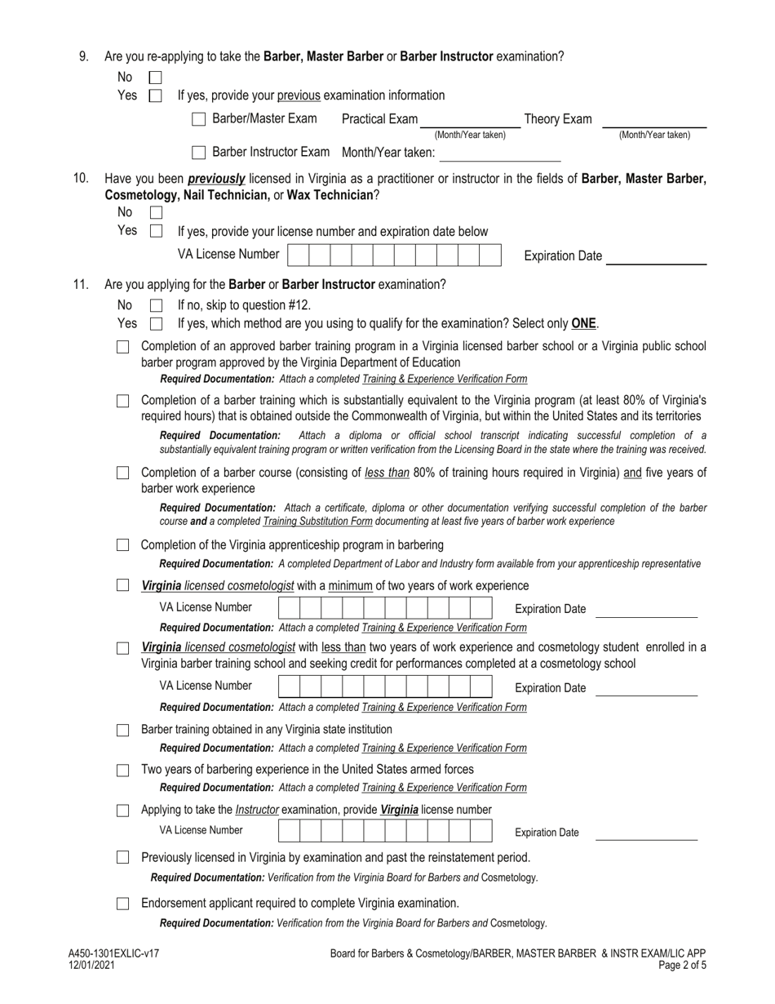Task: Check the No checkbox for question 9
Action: coord(156,78)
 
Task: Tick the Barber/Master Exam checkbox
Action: coord(198,119)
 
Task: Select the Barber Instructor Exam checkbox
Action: coord(198,153)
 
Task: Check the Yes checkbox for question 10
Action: coord(156,231)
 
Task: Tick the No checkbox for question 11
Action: coord(156,305)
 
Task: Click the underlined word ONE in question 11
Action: coord(583,323)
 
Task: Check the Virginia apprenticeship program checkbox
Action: coord(122,544)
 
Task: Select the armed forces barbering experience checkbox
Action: coord(122,770)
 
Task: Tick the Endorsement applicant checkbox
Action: coord(122,904)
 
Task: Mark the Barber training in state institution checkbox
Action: coord(122,730)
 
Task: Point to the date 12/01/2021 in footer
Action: coord(92,965)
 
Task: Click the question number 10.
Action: coord(81,179)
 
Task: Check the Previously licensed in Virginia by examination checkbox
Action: coord(122,858)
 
